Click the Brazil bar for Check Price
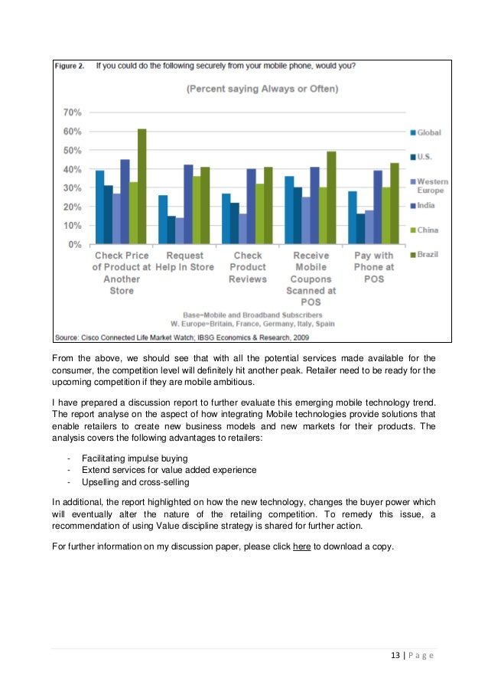point(142,187)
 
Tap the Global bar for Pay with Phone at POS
point(352,217)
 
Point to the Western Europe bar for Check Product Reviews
point(242,229)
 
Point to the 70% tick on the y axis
point(72,112)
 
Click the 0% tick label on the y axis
point(75,245)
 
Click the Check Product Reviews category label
point(248,267)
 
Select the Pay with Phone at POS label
point(374,267)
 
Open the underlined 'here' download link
point(301,546)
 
